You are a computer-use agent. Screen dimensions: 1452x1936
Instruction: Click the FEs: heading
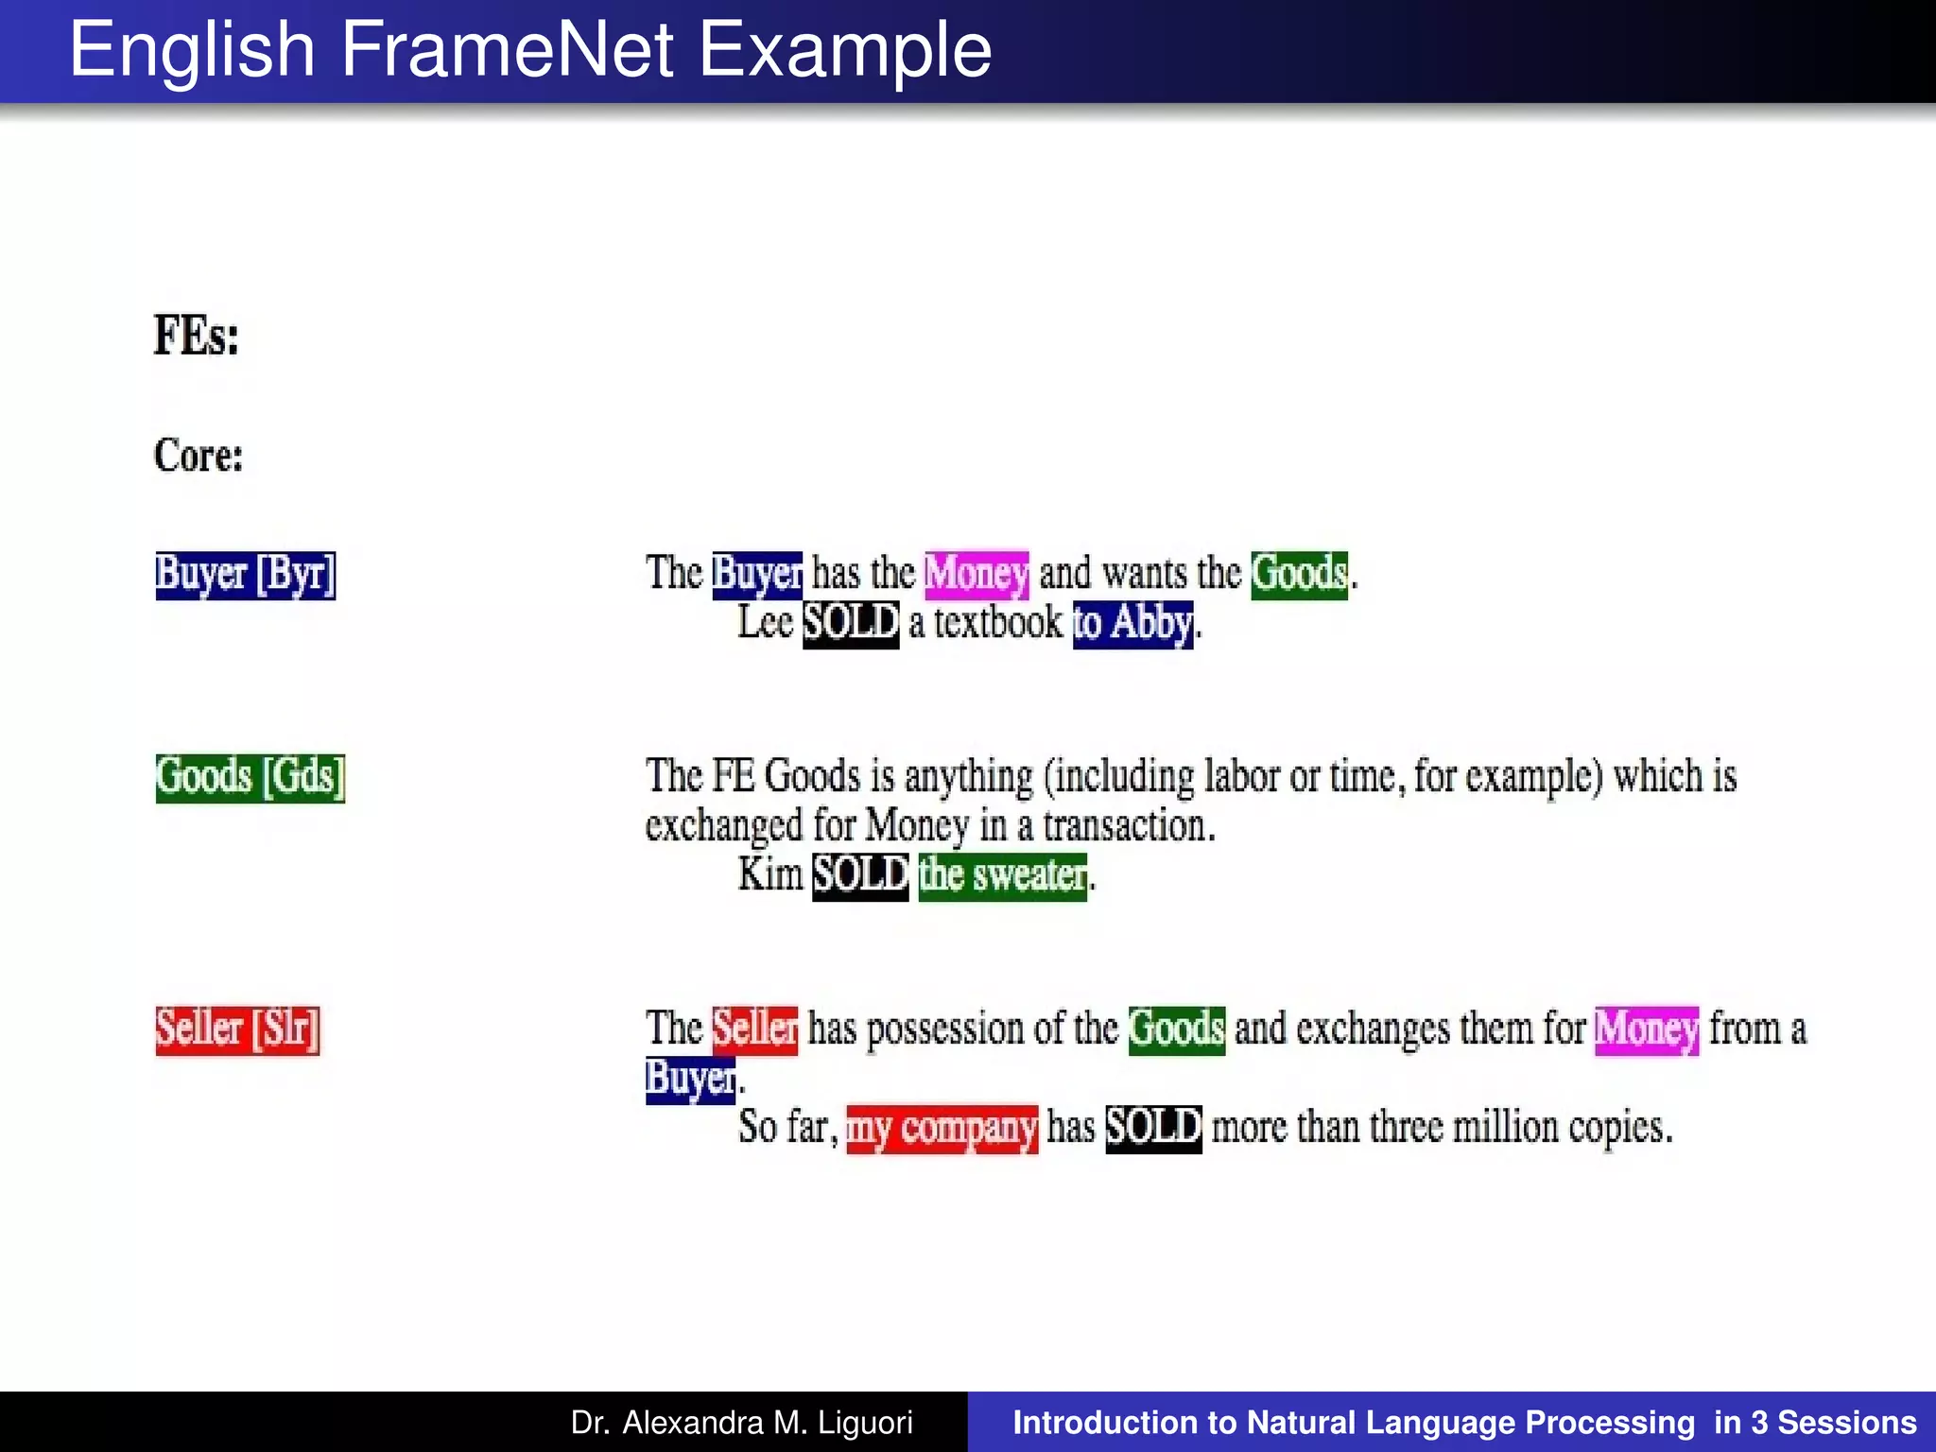pos(197,336)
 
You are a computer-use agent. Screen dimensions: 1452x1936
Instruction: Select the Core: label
pos(199,455)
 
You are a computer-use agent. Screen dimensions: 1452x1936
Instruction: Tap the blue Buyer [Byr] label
pos(245,575)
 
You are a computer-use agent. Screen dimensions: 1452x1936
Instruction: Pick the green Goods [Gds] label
pos(250,777)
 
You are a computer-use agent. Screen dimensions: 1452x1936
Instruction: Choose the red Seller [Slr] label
pos(237,1028)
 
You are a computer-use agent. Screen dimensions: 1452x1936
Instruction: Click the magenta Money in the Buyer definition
pos(976,574)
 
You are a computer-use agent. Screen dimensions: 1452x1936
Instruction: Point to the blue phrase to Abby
pos(1132,624)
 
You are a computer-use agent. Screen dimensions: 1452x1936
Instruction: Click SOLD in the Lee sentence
pos(850,624)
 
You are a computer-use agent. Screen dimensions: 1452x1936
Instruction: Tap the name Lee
pos(765,623)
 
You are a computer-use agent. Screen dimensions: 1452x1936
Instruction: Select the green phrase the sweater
pos(1002,875)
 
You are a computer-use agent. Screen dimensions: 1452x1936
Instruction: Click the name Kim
pos(769,874)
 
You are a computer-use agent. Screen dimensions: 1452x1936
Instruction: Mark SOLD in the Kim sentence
pos(860,875)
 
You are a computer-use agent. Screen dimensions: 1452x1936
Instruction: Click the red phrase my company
pos(942,1129)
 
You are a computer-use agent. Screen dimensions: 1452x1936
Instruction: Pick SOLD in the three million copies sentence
pos(1153,1128)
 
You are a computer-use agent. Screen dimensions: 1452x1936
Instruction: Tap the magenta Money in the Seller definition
pos(1646,1029)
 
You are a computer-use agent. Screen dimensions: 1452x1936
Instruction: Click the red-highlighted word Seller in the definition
pos(754,1028)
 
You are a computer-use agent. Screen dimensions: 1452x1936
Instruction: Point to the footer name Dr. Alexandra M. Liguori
pos(741,1423)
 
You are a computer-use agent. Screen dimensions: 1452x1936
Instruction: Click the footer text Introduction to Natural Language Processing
pos(1354,1423)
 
